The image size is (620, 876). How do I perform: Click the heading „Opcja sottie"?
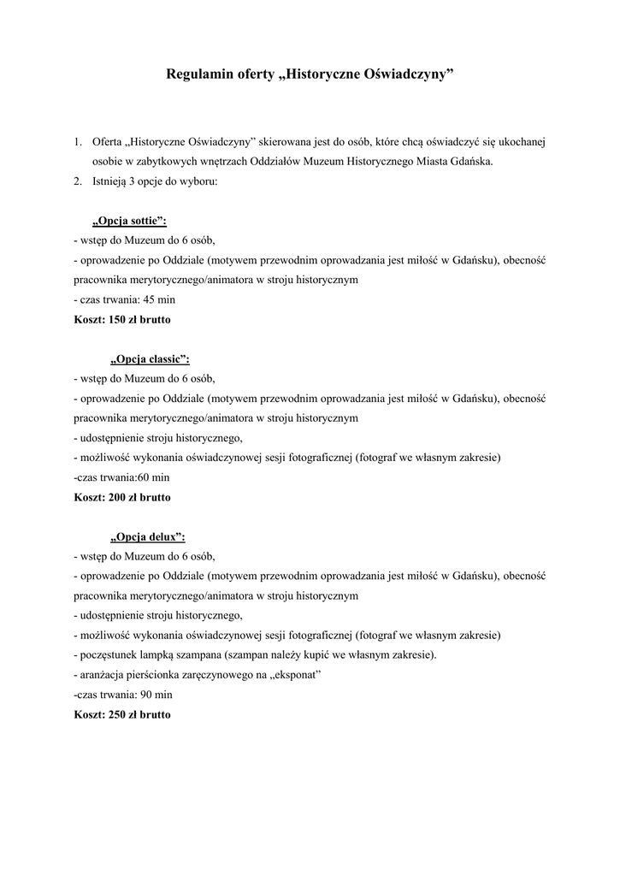[x=129, y=221]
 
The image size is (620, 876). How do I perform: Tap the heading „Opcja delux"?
[x=147, y=536]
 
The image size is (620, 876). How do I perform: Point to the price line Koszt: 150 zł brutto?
[x=122, y=319]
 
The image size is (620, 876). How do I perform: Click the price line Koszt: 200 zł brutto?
[x=122, y=497]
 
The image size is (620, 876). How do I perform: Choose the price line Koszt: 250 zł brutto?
[x=122, y=714]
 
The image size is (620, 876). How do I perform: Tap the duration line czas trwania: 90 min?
[x=124, y=695]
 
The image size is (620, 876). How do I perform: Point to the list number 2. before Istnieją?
[x=78, y=181]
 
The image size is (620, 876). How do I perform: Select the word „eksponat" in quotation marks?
[x=292, y=675]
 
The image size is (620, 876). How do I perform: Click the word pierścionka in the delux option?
[x=156, y=675]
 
